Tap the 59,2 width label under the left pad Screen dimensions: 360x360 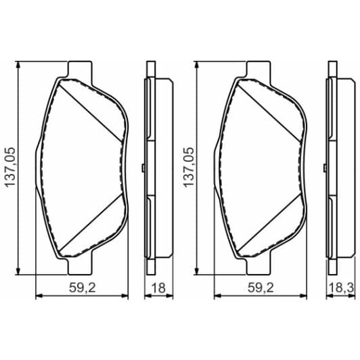82,287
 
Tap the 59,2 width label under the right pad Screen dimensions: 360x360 259,287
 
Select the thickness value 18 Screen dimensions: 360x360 158,287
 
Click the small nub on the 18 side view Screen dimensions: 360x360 144,168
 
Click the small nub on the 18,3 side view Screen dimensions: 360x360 323,168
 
